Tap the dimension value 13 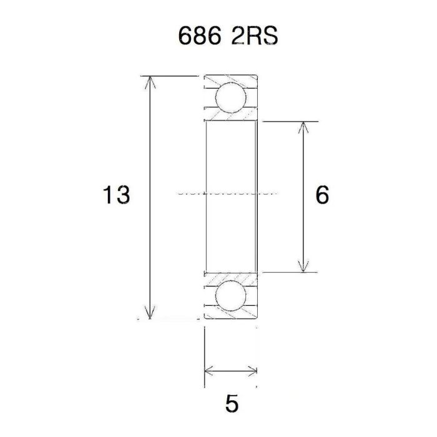117,195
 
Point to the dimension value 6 322,195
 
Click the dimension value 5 231,403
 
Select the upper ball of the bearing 230,99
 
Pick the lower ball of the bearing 230,295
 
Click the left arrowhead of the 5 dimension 209,371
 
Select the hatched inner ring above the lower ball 231,277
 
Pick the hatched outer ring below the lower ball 231,314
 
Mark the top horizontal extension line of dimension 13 175,76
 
